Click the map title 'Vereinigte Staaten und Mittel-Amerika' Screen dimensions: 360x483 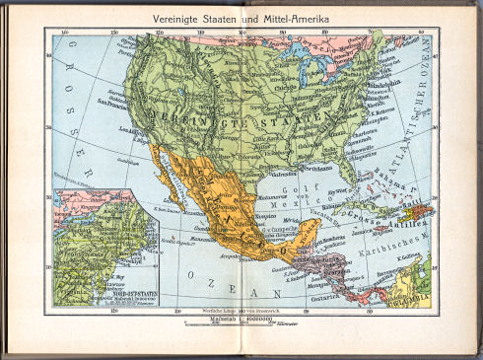point(241,18)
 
